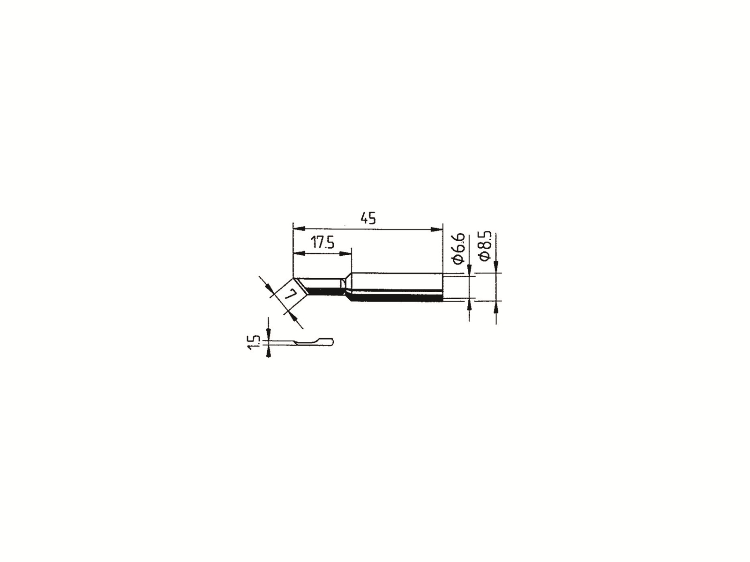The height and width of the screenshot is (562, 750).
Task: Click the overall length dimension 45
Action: point(367,218)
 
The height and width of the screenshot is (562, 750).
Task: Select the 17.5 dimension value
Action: point(322,243)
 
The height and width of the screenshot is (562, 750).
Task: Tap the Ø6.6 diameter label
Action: point(459,248)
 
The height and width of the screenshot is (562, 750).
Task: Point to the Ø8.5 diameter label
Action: point(486,246)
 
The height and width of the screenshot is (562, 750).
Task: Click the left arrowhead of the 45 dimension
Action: point(299,229)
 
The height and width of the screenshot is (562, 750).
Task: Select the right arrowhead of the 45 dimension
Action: point(437,229)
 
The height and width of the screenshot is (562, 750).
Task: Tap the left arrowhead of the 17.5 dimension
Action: point(299,253)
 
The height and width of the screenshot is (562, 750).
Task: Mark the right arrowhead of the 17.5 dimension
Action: point(345,253)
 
